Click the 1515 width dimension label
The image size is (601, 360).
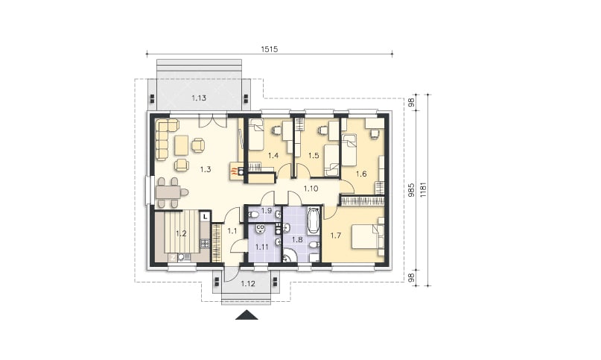pos(269,49)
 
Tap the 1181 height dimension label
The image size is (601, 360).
pos(423,190)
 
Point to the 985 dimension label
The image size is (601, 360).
pos(411,190)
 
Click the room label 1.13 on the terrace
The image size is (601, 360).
pos(199,98)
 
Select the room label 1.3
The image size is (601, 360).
pos(206,169)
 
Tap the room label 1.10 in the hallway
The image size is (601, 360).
pos(311,189)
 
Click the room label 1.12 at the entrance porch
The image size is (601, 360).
pos(248,284)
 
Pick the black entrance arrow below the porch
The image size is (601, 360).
pos(247,315)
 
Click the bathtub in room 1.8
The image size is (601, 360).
pos(314,221)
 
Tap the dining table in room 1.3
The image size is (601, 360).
pos(168,192)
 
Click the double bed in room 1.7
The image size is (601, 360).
pos(366,236)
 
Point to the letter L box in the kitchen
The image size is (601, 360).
pos(206,217)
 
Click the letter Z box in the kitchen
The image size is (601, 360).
pos(174,258)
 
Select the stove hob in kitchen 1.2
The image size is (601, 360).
pos(204,243)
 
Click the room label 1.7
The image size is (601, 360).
pos(336,236)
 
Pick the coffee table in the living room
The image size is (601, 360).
pos(181,146)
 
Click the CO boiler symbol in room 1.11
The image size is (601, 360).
pos(260,229)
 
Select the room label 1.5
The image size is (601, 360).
pos(314,156)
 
